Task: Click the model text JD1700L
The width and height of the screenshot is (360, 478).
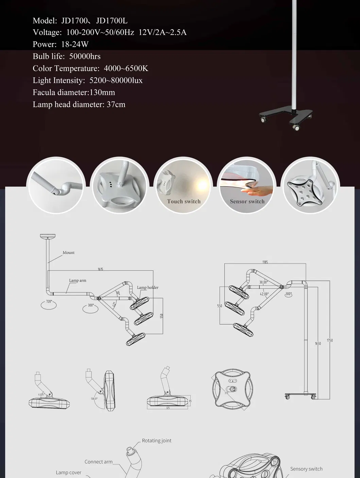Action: (112, 21)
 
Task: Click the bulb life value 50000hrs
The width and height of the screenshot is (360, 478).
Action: (85, 56)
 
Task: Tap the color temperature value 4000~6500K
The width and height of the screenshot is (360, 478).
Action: (126, 68)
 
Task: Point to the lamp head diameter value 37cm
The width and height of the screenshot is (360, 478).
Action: (116, 104)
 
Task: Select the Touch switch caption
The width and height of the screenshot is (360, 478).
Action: (184, 201)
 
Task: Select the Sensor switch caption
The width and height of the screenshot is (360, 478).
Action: (247, 201)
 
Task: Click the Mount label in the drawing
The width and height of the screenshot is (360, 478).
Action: (68, 253)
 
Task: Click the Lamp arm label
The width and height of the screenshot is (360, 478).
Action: (78, 281)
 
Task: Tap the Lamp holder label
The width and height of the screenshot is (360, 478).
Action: (148, 287)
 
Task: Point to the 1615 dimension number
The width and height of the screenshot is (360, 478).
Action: (100, 269)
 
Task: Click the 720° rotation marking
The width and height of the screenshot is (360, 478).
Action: (49, 302)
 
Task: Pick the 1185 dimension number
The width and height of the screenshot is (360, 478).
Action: (265, 262)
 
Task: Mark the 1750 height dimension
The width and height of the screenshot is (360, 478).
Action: (330, 340)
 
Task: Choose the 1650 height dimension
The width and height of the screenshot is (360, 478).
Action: (318, 343)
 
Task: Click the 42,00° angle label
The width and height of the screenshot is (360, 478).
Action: (264, 294)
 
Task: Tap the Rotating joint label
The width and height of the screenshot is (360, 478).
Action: (156, 441)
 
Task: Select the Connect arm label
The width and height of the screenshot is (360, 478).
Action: (98, 462)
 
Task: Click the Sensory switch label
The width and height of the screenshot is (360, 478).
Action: (306, 469)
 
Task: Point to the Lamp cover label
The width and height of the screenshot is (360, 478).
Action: (68, 473)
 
